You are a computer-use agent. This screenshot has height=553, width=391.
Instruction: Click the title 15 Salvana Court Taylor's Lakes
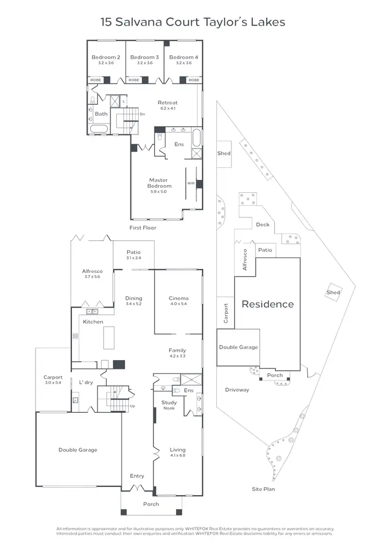pyautogui.click(x=192, y=22)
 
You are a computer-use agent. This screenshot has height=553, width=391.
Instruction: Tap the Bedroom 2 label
pyautogui.click(x=106, y=57)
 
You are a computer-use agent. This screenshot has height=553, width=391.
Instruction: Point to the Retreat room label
pyautogui.click(x=167, y=103)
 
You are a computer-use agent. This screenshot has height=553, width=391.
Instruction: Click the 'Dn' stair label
pyautogui.click(x=142, y=114)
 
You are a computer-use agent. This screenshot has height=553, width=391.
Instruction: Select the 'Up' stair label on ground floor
pyautogui.click(x=133, y=405)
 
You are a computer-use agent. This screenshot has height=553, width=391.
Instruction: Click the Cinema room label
pyautogui.click(x=178, y=299)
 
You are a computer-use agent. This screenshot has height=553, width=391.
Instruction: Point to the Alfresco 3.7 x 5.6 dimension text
pyautogui.click(x=92, y=277)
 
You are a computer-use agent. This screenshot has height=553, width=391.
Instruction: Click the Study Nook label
pyautogui.click(x=169, y=405)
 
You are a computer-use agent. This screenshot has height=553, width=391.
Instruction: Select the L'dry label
pyautogui.click(x=86, y=383)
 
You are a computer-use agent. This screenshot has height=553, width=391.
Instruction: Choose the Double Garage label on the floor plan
pyautogui.click(x=78, y=450)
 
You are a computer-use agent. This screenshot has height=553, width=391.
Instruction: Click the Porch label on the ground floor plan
pyautogui.click(x=151, y=504)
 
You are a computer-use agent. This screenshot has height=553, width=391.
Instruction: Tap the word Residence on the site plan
pyautogui.click(x=267, y=304)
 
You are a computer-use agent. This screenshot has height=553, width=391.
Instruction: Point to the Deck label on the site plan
pyautogui.click(x=262, y=225)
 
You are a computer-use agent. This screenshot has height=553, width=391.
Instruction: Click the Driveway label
pyautogui.click(x=237, y=390)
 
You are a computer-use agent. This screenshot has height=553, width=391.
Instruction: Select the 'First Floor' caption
pyautogui.click(x=143, y=228)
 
